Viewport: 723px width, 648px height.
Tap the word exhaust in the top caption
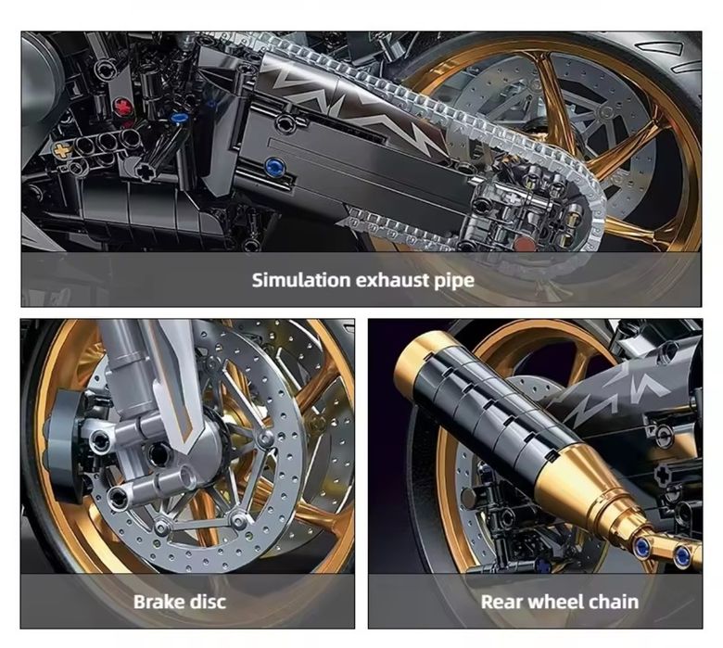(396, 279)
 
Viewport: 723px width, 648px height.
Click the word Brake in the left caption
(159, 601)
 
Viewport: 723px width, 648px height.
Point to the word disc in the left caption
(209, 601)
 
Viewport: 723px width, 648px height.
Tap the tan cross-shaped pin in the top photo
(62, 149)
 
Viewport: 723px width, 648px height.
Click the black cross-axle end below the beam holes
(146, 172)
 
